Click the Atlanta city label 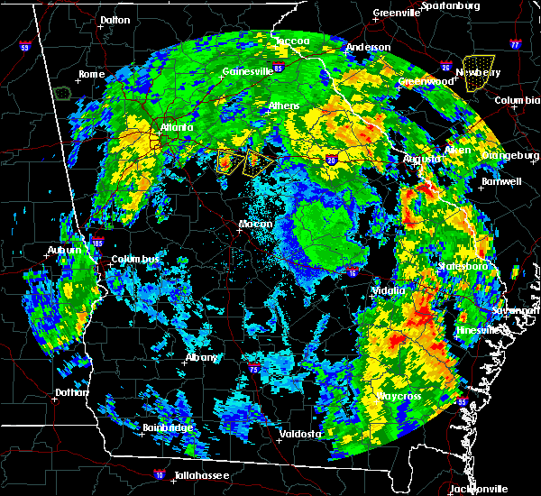177,128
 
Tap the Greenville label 396,14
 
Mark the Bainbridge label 167,427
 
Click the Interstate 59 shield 24,46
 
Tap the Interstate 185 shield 97,242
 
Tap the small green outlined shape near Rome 62,92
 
